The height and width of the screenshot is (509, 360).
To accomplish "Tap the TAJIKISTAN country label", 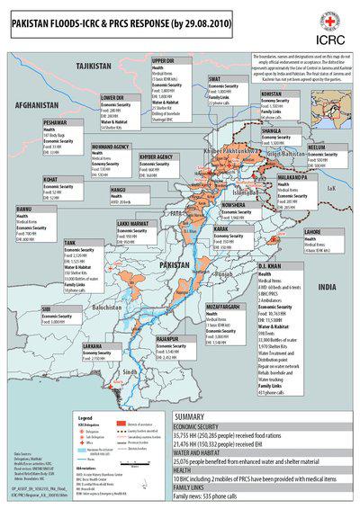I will click(x=92, y=67).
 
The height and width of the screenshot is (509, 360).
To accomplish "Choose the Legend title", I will click(x=85, y=418).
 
